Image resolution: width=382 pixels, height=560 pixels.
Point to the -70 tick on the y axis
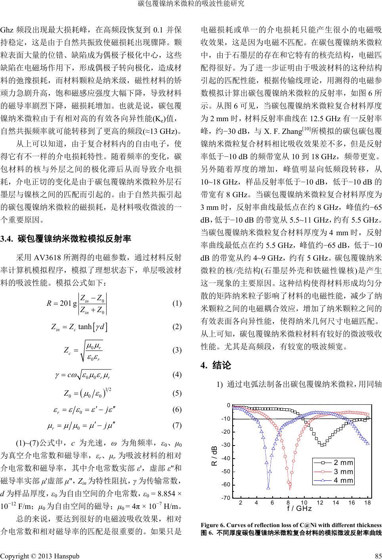(227, 497)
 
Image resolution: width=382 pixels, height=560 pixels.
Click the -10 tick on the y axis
(227, 419)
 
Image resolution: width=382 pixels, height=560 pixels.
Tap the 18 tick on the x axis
(367, 503)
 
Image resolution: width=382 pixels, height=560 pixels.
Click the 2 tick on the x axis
(240, 503)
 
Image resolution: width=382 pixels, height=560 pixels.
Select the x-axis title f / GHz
(299, 509)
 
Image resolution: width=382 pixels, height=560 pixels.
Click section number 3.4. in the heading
(8, 239)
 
